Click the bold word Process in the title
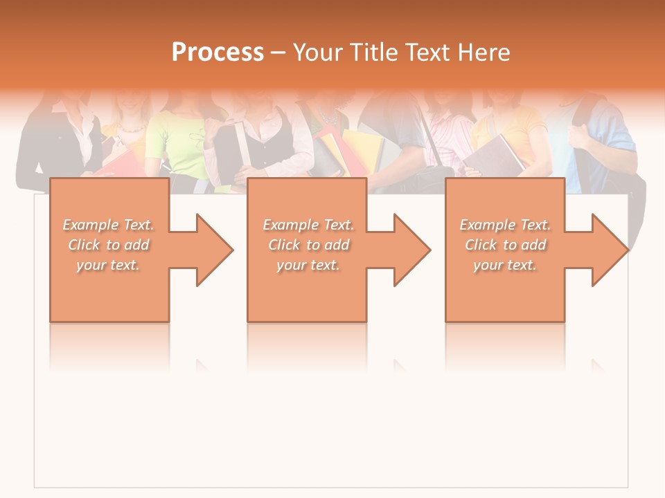point(218,52)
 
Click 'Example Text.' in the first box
point(109,225)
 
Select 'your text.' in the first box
point(109,265)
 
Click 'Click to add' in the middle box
point(308,245)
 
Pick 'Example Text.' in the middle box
point(308,225)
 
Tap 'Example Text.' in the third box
point(505,225)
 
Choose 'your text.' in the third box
point(505,265)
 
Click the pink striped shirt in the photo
point(447,138)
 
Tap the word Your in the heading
point(318,52)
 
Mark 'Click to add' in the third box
point(505,245)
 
